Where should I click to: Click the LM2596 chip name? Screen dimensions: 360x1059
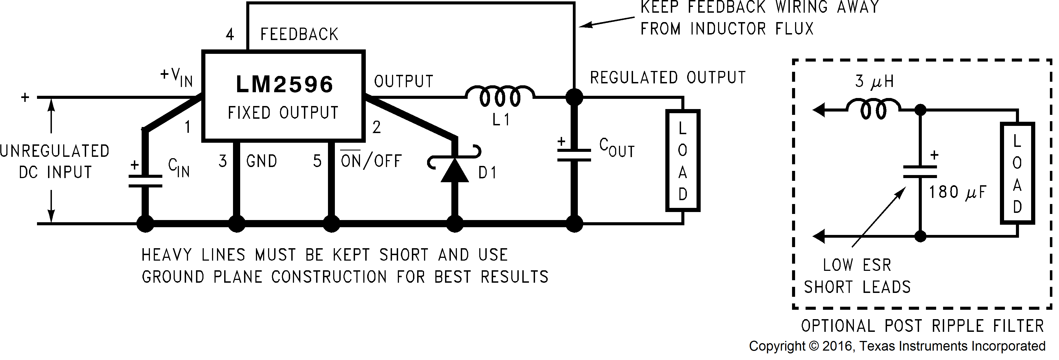click(x=284, y=85)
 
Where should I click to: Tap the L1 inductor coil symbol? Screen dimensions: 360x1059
click(x=500, y=97)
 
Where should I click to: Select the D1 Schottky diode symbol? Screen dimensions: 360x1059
click(x=454, y=168)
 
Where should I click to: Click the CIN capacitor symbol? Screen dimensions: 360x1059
click(x=145, y=181)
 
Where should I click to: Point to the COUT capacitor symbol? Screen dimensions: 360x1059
click(x=574, y=155)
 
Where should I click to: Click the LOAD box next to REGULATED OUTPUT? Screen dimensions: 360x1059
click(x=682, y=160)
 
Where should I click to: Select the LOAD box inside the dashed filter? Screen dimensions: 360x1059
click(x=1017, y=173)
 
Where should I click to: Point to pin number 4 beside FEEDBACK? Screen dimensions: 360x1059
click(x=230, y=35)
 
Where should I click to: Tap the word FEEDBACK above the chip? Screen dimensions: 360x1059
click(x=299, y=35)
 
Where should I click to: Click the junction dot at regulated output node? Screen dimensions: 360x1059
click(x=574, y=97)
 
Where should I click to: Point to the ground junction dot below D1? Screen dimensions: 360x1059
click(x=454, y=224)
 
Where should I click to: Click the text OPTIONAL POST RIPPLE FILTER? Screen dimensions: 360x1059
click(x=922, y=326)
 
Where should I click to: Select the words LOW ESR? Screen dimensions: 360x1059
click(x=857, y=265)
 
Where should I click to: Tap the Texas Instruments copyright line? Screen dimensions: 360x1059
click(x=897, y=346)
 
